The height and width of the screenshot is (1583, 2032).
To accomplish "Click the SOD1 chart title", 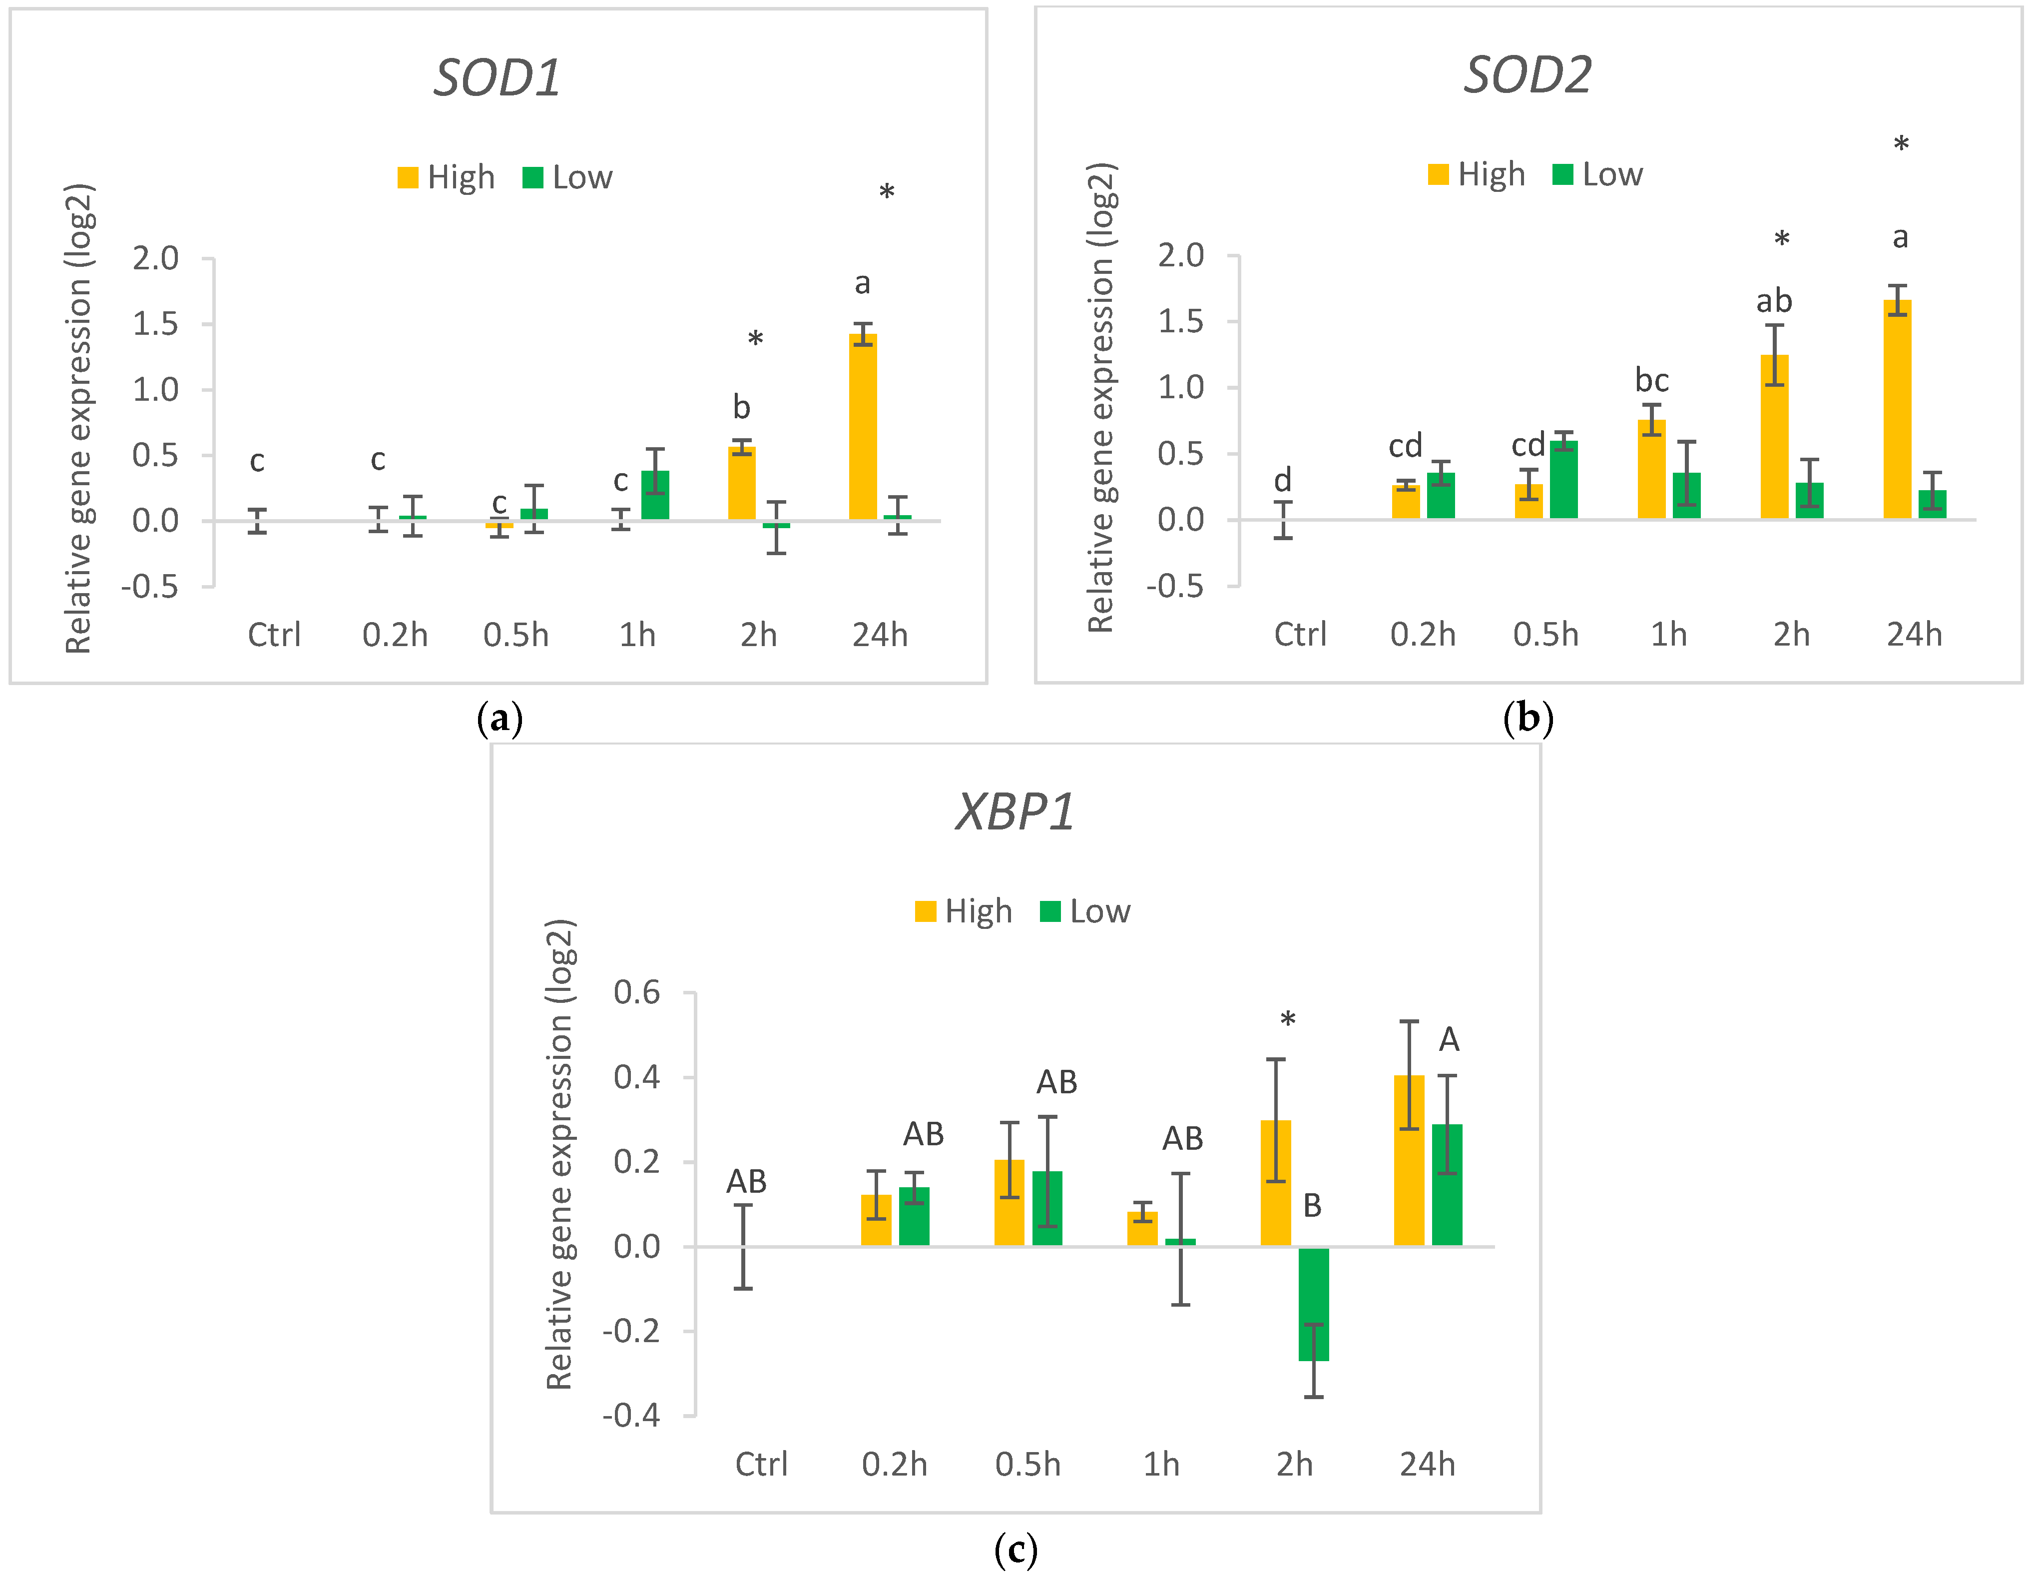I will pos(498,77).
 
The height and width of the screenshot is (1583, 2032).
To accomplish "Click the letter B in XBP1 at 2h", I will pos(1312,1205).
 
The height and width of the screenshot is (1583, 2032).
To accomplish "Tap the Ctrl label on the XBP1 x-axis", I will pos(761,1464).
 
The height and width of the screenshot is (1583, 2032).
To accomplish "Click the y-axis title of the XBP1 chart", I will pos(559,1154).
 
